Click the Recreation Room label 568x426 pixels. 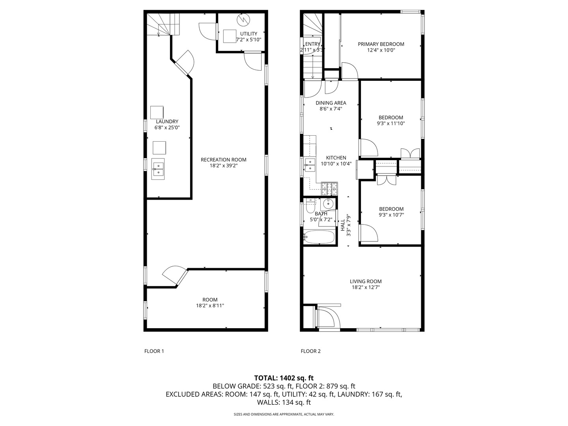(223, 160)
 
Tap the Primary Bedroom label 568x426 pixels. (381, 44)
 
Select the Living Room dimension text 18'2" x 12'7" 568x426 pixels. (366, 288)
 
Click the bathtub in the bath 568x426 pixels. (319, 237)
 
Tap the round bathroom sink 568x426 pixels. (328, 204)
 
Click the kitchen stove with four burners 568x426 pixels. (330, 189)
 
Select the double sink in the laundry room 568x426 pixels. (159, 169)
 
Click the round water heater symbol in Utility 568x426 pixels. (243, 19)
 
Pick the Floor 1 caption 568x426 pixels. (154, 351)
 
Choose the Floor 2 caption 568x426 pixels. (310, 351)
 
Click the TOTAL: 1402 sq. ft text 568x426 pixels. (284, 378)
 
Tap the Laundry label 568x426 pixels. (167, 121)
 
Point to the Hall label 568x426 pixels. (342, 225)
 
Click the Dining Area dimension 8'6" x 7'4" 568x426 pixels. (331, 109)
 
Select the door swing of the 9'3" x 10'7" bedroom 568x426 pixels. (370, 233)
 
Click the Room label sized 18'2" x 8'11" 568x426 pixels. (210, 300)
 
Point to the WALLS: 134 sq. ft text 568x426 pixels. (284, 402)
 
